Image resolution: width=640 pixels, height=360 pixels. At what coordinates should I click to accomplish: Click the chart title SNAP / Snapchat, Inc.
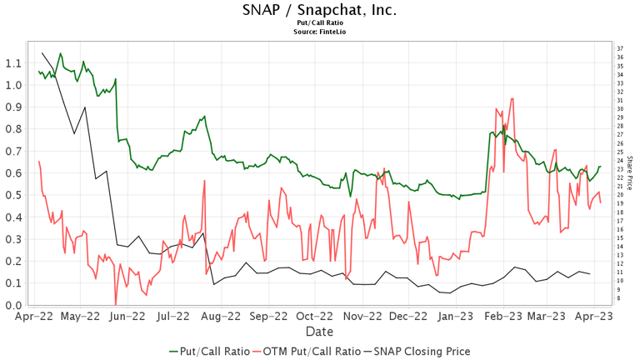(319, 10)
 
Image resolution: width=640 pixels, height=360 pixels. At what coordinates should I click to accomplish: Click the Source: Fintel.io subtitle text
(319, 32)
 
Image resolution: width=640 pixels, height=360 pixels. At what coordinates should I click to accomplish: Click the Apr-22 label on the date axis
(31, 317)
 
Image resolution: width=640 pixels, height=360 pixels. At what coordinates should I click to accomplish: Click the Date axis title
(319, 331)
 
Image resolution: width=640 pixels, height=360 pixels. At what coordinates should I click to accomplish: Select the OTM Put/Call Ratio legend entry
(310, 352)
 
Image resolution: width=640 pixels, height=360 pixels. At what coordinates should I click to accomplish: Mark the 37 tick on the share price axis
(620, 48)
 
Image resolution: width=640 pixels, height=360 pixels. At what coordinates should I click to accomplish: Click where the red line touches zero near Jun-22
(116, 304)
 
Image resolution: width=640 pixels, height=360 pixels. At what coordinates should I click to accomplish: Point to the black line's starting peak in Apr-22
(42, 53)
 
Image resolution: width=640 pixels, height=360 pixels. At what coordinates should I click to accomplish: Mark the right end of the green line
(601, 167)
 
